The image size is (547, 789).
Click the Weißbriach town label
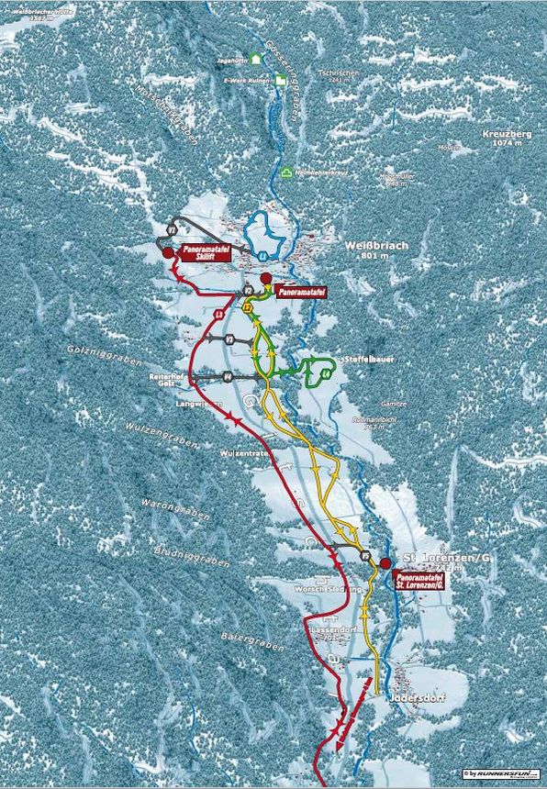[x=375, y=246]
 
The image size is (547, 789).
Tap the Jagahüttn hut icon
[x=256, y=58]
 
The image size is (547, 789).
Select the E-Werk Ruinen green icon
[x=280, y=81]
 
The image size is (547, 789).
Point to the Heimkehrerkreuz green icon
[x=287, y=172]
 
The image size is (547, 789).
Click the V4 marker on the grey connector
[x=226, y=376]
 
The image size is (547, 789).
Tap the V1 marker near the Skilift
[x=172, y=228]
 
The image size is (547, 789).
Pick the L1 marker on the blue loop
[x=262, y=254]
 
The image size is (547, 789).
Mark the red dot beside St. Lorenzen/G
[x=385, y=562]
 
